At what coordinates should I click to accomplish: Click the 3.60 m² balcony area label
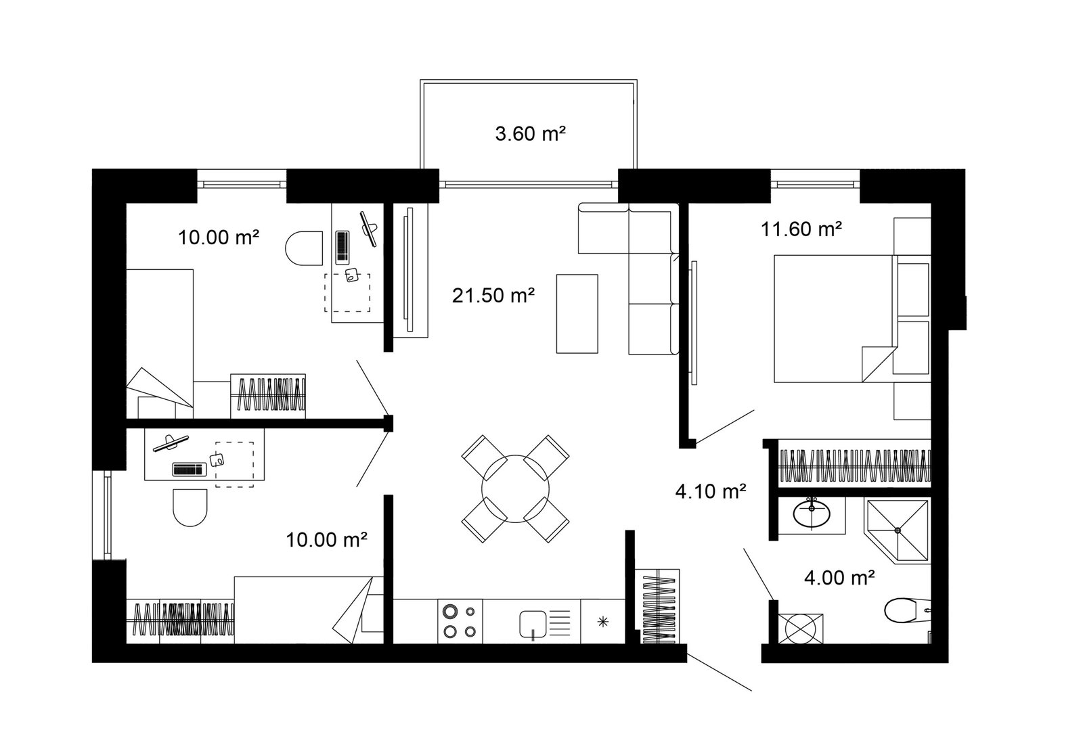(x=531, y=133)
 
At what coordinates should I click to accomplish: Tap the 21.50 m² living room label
(x=493, y=295)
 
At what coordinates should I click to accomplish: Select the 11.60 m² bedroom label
(x=801, y=229)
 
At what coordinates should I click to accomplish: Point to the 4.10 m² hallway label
(x=711, y=491)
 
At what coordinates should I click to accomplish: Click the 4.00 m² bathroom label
(x=839, y=578)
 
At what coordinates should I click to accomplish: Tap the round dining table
(x=515, y=488)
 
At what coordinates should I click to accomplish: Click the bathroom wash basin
(x=812, y=513)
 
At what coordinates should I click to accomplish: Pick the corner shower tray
(x=898, y=531)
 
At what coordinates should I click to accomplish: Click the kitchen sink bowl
(x=533, y=624)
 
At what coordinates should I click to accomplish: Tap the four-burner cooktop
(x=460, y=622)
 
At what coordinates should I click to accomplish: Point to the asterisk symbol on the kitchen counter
(x=603, y=622)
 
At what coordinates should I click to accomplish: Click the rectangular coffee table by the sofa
(x=577, y=314)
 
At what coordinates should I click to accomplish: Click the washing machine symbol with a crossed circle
(x=801, y=629)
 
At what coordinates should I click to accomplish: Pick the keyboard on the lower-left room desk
(x=190, y=470)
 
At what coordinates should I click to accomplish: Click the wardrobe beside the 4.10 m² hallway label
(x=854, y=466)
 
